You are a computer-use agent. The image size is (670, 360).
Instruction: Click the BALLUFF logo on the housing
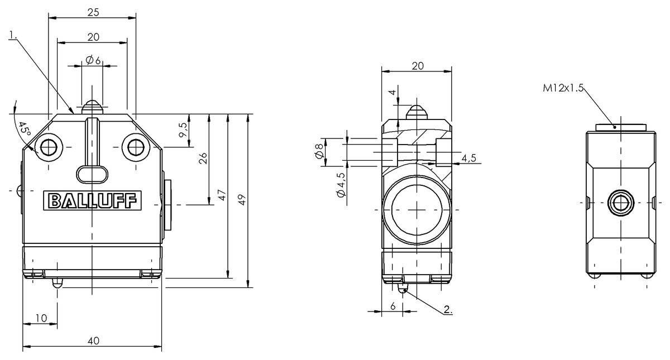pyautogui.click(x=93, y=200)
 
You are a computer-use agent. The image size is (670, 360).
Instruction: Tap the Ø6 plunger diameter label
pyautogui.click(x=93, y=60)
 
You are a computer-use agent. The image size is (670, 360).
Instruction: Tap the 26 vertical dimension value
pyautogui.click(x=203, y=160)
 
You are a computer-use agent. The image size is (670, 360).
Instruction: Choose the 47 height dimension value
pyautogui.click(x=222, y=195)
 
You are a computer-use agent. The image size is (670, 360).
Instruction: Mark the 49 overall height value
pyautogui.click(x=242, y=200)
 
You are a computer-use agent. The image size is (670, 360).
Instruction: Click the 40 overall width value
pyautogui.click(x=93, y=340)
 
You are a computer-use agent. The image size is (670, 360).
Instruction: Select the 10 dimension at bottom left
pyautogui.click(x=41, y=318)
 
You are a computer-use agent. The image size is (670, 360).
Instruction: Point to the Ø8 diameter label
pyautogui.click(x=319, y=151)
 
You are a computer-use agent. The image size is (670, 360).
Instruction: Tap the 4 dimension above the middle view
pyautogui.click(x=393, y=92)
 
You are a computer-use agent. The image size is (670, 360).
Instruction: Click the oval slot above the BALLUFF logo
pyautogui.click(x=93, y=174)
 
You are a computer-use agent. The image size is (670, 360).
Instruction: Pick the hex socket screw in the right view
pyautogui.click(x=620, y=201)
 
